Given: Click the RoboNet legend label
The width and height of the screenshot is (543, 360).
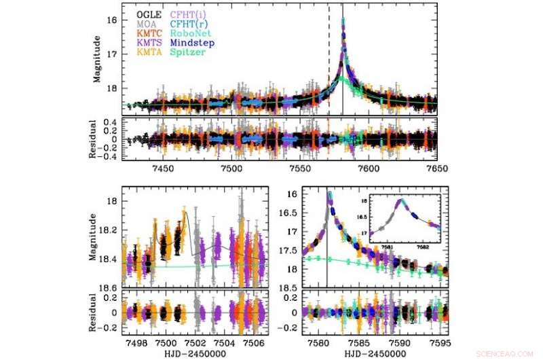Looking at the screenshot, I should click(186, 33).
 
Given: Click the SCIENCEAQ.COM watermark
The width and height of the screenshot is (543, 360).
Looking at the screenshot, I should click(506, 354).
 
